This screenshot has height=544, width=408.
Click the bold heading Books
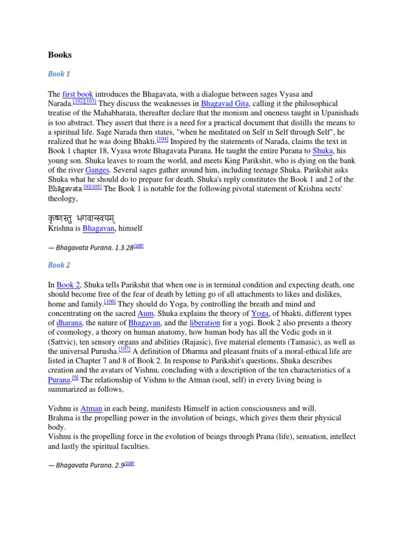click(59, 55)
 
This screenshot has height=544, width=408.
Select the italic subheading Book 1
click(59, 74)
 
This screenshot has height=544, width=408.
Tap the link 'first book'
click(78, 94)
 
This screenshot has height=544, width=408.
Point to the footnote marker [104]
click(162, 139)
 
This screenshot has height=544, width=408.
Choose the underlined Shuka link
click(322, 151)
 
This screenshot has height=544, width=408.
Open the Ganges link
click(97, 171)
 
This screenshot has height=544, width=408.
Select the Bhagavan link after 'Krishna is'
click(98, 228)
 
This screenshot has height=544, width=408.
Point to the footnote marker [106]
click(110, 302)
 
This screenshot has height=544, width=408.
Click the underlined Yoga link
click(260, 314)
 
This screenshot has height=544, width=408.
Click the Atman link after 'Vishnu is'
click(91, 409)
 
